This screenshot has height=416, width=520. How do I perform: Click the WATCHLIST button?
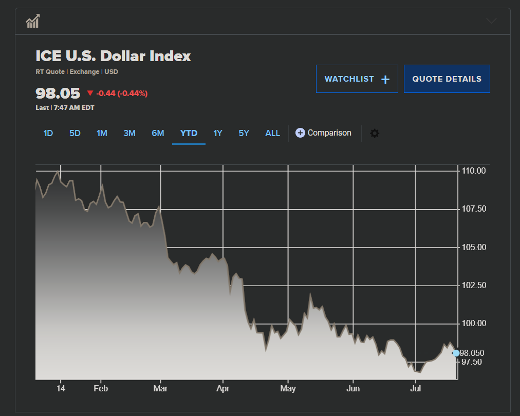357,79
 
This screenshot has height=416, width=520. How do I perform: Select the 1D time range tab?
48,134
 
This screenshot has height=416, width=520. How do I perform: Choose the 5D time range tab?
75,134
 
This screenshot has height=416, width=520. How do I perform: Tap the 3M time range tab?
129,134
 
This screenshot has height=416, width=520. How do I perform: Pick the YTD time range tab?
189,134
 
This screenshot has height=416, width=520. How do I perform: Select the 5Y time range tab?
244,134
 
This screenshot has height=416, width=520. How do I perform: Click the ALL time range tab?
272,134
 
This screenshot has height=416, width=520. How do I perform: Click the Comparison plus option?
323,133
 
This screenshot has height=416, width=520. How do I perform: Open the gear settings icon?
375,134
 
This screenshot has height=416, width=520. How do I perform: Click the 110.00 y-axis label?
473,171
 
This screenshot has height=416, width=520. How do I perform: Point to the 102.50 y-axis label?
473,285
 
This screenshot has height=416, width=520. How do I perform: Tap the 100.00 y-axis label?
473,323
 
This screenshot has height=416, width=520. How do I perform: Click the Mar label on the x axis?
161,389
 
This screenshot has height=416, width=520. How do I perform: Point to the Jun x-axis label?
353,389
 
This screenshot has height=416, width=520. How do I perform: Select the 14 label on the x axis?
61,389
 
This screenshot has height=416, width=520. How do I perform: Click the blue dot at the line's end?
456,353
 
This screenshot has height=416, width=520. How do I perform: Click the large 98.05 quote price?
58,93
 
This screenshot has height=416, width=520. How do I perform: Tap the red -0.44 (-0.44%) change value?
121,93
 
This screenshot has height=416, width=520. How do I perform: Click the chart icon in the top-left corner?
33,22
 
